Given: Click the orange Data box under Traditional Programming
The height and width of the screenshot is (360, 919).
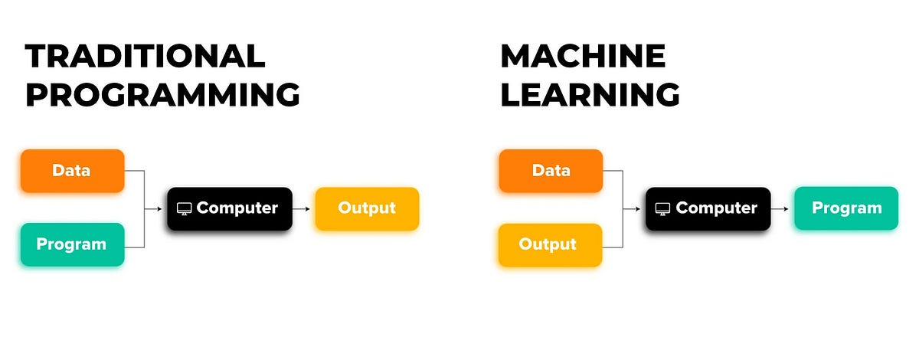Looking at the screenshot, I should click(x=72, y=171).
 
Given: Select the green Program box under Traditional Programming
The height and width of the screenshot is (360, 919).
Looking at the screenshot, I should click(x=72, y=245).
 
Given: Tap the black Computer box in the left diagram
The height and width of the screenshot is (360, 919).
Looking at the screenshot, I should click(x=230, y=208).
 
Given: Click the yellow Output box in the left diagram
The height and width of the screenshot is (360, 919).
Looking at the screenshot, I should click(x=367, y=208).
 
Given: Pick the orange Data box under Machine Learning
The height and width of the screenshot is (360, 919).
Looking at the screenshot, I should click(x=551, y=171).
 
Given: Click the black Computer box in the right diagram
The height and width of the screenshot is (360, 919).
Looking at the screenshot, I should click(x=708, y=208).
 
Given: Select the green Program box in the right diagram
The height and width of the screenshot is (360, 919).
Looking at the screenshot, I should click(x=845, y=208).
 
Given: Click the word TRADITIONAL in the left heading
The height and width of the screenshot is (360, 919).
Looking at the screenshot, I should click(x=146, y=57).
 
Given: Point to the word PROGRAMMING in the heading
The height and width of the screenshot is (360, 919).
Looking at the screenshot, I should click(x=162, y=95).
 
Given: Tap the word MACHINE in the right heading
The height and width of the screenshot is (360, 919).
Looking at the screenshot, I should click(x=583, y=57).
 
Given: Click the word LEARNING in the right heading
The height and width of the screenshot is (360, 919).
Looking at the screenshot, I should click(x=590, y=95).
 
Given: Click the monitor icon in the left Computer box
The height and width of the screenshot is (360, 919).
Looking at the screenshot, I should click(x=184, y=208).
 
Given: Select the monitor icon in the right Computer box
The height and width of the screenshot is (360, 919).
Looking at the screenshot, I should click(x=662, y=208).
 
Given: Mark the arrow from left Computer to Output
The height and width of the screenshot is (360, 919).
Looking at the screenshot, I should click(x=303, y=208).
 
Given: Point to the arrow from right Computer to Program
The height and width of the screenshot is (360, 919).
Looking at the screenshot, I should click(x=782, y=208).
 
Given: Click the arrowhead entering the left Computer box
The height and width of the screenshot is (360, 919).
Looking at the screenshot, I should click(x=163, y=208).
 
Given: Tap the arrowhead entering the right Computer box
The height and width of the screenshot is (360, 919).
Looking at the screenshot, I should click(x=642, y=208).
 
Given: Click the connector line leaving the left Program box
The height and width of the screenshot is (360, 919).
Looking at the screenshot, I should click(x=134, y=247).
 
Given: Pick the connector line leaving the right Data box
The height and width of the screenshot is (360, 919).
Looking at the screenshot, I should click(x=613, y=171).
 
